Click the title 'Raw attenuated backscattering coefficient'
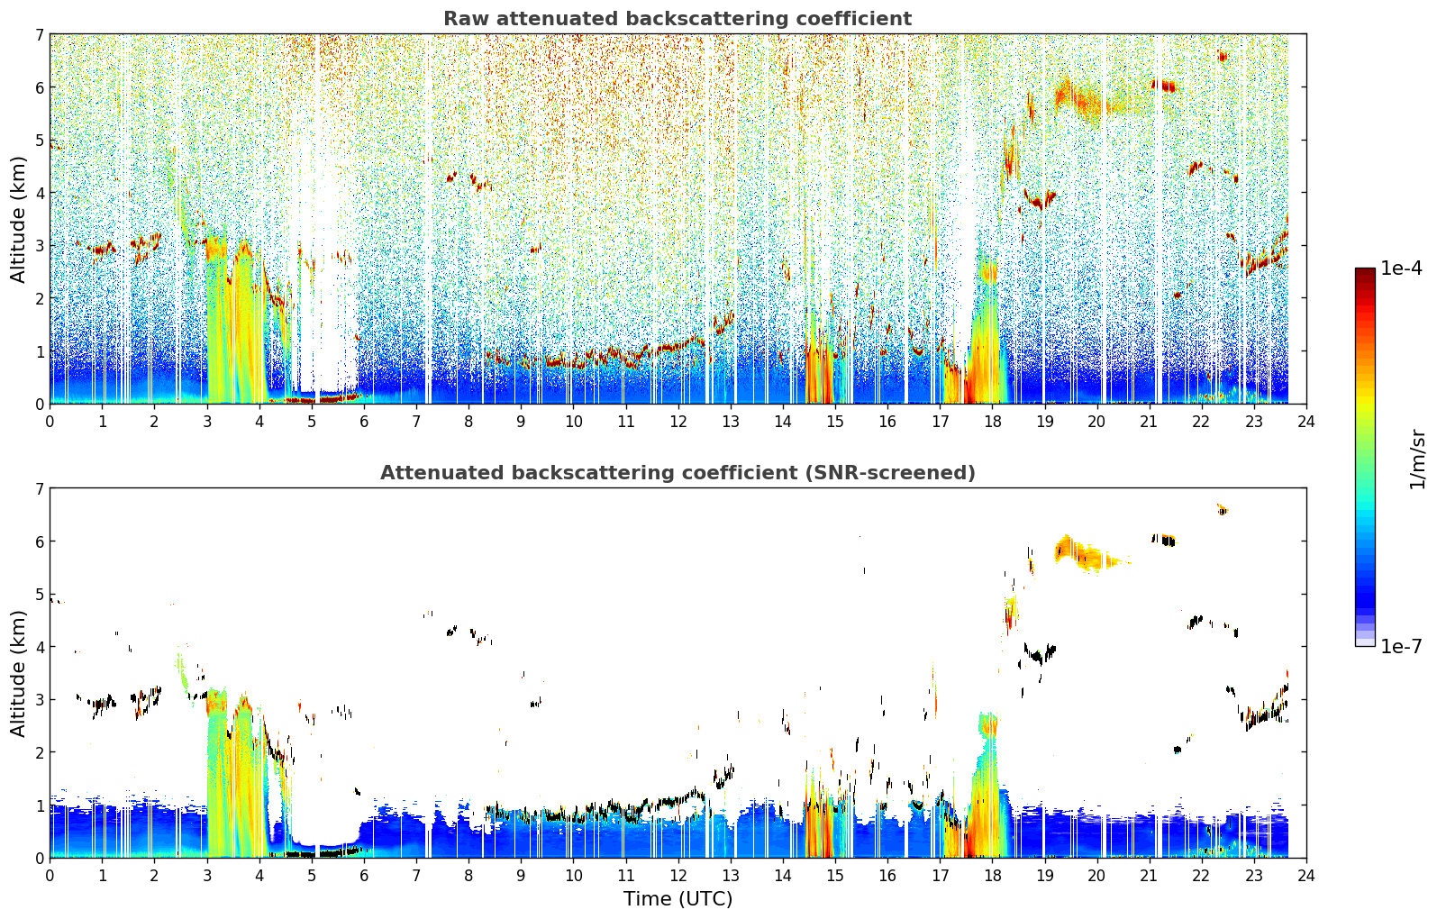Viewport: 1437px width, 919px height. pos(678,19)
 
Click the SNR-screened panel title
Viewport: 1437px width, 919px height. pos(678,473)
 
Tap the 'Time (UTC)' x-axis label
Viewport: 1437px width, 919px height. pos(678,899)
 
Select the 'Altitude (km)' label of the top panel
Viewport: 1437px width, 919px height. pos(18,220)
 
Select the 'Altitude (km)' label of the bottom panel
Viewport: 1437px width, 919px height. pos(18,674)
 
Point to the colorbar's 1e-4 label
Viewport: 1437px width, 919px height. pos(1401,268)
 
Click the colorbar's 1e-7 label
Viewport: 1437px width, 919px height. pos(1401,646)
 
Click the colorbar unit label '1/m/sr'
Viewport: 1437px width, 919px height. pos(1418,459)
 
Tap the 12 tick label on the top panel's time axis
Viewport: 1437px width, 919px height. pos(678,422)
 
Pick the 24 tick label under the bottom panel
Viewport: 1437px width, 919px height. pos(1306,876)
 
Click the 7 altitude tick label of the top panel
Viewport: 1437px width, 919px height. pos(39,34)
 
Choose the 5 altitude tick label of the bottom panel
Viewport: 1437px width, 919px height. pos(39,595)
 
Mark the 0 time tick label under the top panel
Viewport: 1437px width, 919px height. pos(50,422)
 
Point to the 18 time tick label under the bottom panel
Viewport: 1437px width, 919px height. pos(993,876)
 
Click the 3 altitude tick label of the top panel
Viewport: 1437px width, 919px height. pos(39,246)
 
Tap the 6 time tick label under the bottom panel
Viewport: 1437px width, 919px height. pos(364,876)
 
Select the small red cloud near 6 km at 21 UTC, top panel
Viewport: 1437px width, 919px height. pos(1164,86)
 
